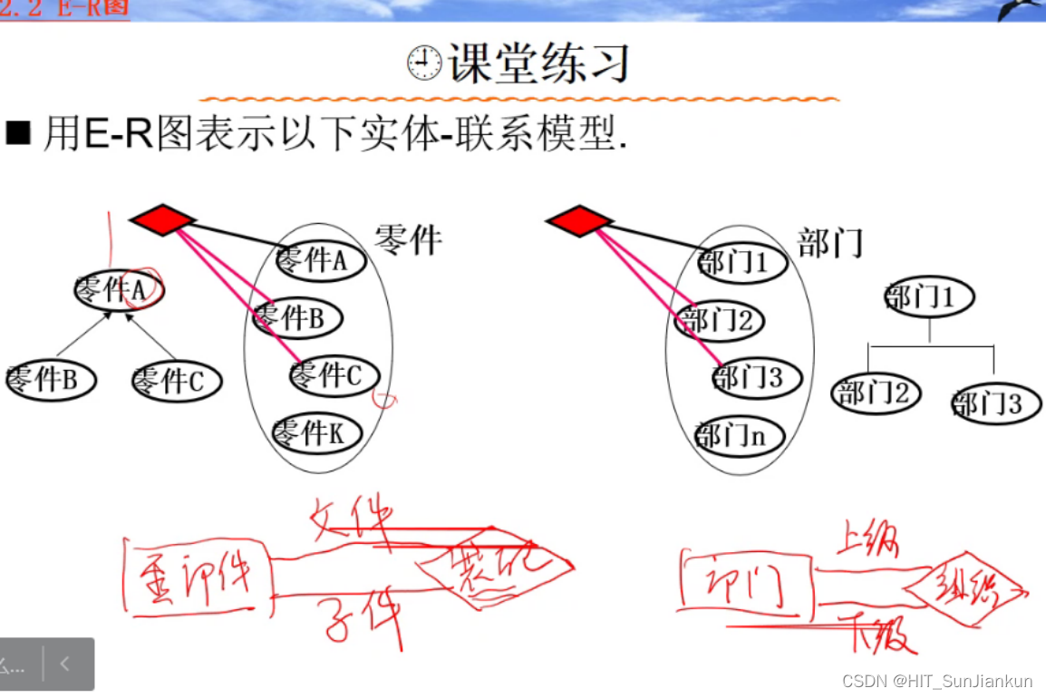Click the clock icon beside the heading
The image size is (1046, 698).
(x=424, y=64)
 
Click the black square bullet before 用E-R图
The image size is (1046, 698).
(x=18, y=134)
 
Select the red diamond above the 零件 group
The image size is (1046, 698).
(x=162, y=219)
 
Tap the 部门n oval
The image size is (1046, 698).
(x=737, y=437)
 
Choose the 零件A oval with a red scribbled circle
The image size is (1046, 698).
(x=119, y=290)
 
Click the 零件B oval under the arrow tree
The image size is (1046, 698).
(x=50, y=380)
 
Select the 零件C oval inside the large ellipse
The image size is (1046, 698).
(x=334, y=374)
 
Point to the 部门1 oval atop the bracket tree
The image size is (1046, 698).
(x=928, y=298)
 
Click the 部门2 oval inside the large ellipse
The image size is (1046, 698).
(x=720, y=321)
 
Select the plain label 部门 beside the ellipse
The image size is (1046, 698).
(x=829, y=243)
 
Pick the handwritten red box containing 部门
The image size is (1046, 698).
(x=745, y=587)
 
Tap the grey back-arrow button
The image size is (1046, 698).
(x=65, y=664)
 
